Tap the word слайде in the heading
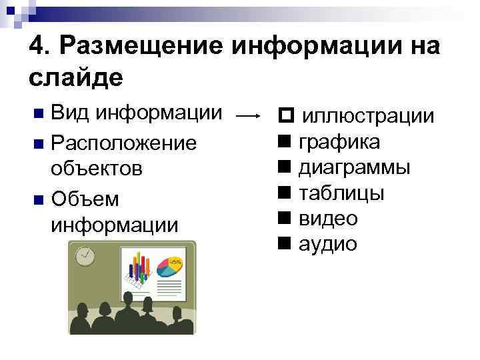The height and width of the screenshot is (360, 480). (76, 78)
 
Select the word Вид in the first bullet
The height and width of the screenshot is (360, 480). (70, 113)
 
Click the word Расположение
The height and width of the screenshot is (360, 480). (123, 143)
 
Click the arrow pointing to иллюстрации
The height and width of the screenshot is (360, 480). (248, 116)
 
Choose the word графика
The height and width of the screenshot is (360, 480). (339, 141)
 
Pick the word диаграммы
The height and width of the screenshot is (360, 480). (354, 167)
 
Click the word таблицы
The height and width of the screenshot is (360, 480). (341, 193)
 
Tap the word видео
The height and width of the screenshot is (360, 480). (328, 218)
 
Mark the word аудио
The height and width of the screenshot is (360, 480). (327, 244)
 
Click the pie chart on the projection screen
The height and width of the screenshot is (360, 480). (171, 267)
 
